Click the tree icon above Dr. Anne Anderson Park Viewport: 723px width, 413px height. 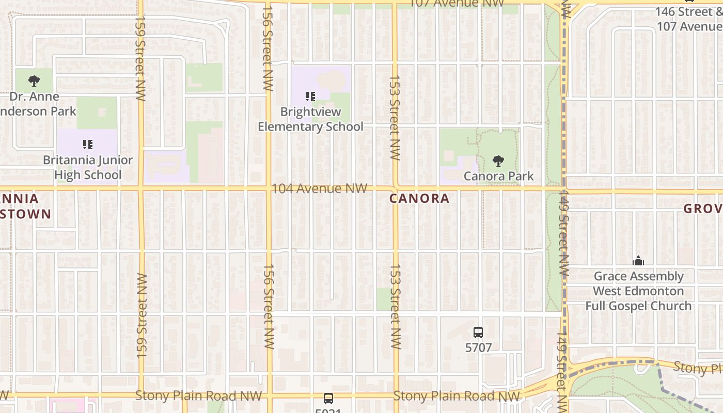(34, 81)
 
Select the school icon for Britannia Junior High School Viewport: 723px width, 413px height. (88, 144)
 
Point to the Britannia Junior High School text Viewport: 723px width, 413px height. (88, 167)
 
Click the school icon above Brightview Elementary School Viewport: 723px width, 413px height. (310, 96)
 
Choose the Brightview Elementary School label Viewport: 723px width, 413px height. (310, 119)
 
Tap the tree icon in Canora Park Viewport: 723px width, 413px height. (498, 161)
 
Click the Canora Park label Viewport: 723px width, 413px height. (498, 176)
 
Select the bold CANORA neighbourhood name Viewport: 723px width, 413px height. (419, 199)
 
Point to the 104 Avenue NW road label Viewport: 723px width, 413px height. (319, 188)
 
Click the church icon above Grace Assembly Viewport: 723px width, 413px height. (638, 261)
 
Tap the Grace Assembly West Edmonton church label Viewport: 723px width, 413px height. (638, 291)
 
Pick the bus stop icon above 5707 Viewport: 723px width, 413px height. (478, 332)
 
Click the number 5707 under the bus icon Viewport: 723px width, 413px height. (478, 347)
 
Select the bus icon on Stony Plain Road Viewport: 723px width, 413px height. (328, 398)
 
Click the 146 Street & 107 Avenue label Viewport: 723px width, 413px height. (689, 19)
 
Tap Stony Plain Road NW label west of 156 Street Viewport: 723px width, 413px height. (199, 396)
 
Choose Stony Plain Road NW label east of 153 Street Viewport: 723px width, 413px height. (457, 396)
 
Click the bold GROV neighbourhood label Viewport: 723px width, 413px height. (703, 209)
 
